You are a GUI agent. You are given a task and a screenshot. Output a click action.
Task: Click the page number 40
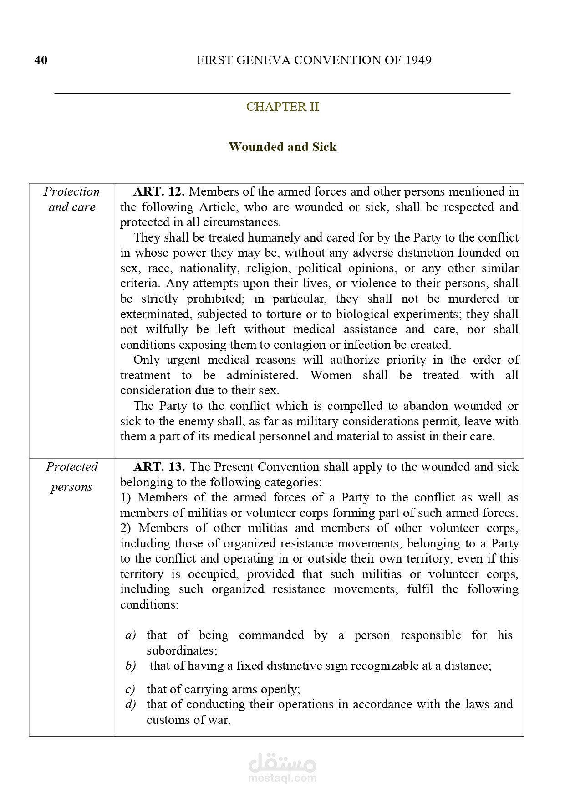[x=41, y=60]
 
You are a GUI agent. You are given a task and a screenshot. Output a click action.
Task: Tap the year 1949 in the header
[x=418, y=60]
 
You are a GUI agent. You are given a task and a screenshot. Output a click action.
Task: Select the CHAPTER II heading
[x=282, y=107]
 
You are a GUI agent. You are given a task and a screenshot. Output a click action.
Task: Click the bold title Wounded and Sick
[x=282, y=147]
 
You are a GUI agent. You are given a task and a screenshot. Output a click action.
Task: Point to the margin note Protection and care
[x=72, y=199]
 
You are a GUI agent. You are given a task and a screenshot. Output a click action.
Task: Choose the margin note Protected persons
[x=72, y=477]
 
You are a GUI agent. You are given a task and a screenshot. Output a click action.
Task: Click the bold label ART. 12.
[x=159, y=191]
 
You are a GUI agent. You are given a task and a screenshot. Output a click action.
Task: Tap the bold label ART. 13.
[x=159, y=467]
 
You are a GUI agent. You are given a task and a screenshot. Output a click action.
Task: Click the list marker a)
[x=130, y=635]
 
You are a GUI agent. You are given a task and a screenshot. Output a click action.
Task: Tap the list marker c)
[x=130, y=689]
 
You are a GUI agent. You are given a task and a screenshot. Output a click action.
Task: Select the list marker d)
[x=130, y=704]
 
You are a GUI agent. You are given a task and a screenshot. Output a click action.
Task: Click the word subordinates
[x=181, y=650]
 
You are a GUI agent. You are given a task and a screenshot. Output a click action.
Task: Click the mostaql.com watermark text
[x=282, y=778]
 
